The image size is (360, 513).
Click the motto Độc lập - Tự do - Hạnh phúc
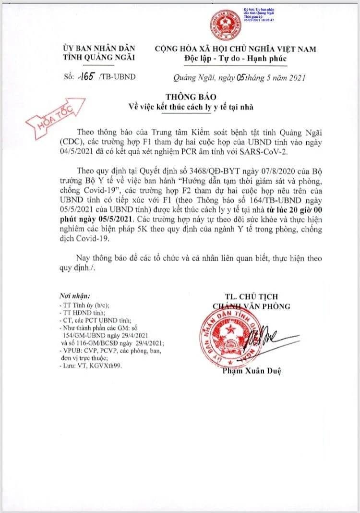(235, 59)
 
